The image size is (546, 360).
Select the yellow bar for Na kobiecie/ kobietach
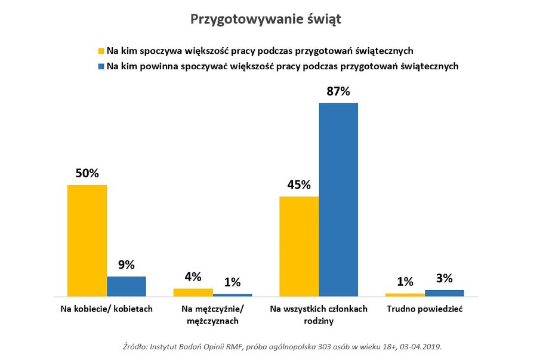pyautogui.click(x=87, y=241)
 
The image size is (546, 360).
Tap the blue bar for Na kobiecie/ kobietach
pyautogui.click(x=127, y=287)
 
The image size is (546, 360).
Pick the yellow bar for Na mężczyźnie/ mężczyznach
pyautogui.click(x=193, y=293)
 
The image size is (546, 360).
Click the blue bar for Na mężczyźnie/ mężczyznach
pyautogui.click(x=232, y=295)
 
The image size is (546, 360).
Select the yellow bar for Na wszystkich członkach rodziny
pyautogui.click(x=299, y=246)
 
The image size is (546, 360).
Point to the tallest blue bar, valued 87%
pyautogui.click(x=338, y=199)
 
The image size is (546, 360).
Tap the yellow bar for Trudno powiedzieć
pyautogui.click(x=405, y=295)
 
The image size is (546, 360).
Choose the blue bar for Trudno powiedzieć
pyautogui.click(x=444, y=293)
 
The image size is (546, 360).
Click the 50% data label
pyautogui.click(x=87, y=173)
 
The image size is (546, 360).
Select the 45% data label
pyautogui.click(x=299, y=184)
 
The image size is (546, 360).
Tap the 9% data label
pyautogui.click(x=127, y=264)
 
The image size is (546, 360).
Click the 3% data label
pyautogui.click(x=444, y=278)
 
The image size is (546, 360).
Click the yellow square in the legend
pyautogui.click(x=101, y=51)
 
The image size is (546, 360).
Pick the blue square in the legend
pyautogui.click(x=101, y=66)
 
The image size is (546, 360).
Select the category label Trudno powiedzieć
pyautogui.click(x=424, y=309)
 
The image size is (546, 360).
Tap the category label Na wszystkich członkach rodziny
pyautogui.click(x=319, y=315)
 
